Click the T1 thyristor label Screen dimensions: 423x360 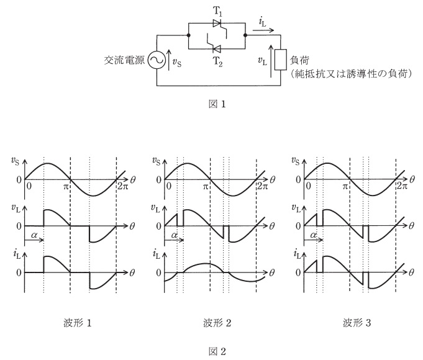[217, 11]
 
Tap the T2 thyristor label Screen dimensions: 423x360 [218, 61]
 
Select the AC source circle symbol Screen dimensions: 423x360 [157, 60]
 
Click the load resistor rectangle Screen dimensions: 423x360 [281, 60]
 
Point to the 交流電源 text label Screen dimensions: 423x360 [124, 60]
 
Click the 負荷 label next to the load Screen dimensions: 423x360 [299, 60]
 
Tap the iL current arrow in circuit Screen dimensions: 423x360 [263, 30]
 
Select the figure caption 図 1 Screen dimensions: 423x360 [217, 104]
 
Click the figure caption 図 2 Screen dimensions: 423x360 [217, 351]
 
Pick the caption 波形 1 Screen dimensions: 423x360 [78, 323]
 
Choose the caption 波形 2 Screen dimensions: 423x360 [217, 323]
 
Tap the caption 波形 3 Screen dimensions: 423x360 [357, 323]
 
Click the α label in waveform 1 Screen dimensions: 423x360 [34, 235]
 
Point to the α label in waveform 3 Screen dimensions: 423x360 [314, 235]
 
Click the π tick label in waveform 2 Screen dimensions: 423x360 [206, 186]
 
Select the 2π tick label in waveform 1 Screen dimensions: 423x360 [123, 186]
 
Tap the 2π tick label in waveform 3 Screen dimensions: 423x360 [402, 186]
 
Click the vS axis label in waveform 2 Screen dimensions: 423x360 [156, 161]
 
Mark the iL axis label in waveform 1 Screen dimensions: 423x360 [17, 254]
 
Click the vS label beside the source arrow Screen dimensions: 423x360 [176, 63]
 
